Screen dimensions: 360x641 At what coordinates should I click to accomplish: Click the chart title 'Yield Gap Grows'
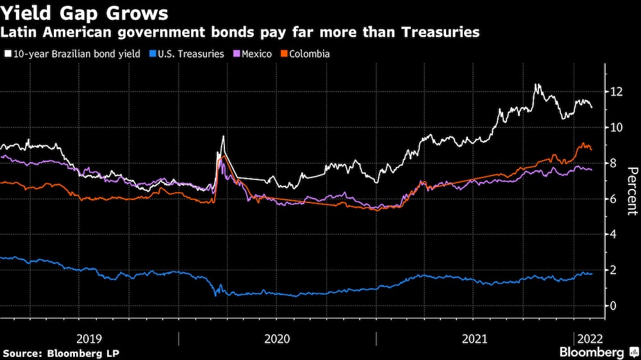click(85, 13)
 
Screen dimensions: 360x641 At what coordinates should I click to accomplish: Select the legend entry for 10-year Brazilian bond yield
click(72, 54)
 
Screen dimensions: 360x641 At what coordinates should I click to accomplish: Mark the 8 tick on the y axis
click(613, 163)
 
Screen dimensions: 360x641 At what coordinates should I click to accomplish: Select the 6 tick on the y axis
click(613, 199)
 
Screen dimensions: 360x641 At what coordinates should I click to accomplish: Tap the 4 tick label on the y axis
click(613, 234)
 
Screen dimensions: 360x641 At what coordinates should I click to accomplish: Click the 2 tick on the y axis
click(613, 270)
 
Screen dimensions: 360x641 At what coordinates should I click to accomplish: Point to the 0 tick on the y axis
click(613, 306)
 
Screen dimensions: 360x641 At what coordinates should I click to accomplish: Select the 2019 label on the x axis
click(89, 338)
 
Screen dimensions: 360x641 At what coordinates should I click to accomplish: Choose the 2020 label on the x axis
click(277, 338)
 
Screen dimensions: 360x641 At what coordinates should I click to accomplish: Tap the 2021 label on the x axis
click(474, 338)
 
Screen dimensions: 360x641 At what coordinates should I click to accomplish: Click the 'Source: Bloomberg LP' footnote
click(61, 353)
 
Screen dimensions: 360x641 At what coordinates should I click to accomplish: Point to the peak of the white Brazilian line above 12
click(537, 85)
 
